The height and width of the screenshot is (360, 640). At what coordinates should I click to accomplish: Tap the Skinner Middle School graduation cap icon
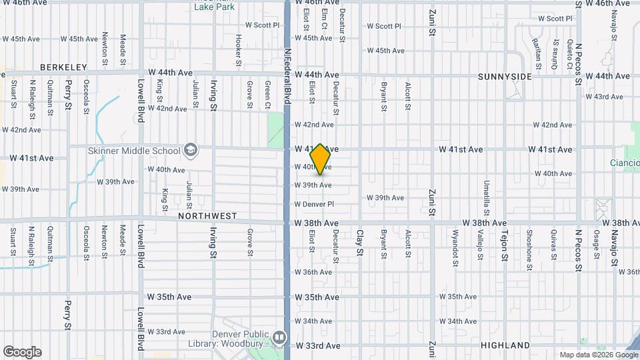(x=191, y=150)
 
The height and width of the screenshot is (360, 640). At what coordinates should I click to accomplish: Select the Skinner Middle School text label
(x=134, y=151)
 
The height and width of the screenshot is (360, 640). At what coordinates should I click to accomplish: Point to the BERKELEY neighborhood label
(x=64, y=67)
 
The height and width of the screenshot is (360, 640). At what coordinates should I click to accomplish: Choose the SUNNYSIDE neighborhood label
(x=505, y=77)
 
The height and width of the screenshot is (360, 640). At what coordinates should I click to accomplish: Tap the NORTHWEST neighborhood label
(x=207, y=216)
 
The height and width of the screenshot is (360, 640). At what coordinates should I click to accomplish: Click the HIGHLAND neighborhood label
(x=505, y=346)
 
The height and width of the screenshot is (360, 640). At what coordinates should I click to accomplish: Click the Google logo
(x=22, y=352)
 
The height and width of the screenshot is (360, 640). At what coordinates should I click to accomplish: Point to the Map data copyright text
(x=598, y=355)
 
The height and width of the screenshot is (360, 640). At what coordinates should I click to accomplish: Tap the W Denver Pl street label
(x=313, y=204)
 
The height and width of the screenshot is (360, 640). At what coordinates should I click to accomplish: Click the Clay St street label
(x=359, y=243)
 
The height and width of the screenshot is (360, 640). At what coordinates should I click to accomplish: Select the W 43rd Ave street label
(x=604, y=97)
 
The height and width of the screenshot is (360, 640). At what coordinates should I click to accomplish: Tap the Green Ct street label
(x=267, y=94)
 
